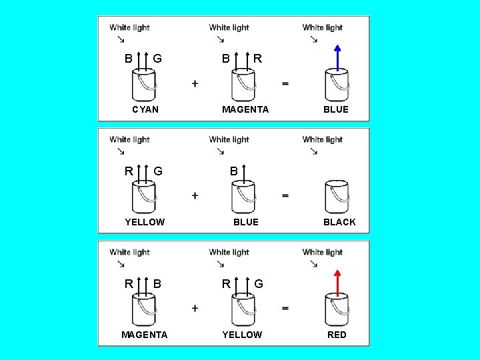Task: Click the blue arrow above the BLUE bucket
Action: [337, 57]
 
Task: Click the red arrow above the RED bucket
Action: [337, 283]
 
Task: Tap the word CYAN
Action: [145, 109]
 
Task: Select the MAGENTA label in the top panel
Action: [245, 109]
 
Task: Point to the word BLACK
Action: [339, 222]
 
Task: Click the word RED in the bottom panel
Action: [337, 335]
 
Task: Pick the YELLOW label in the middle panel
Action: [145, 222]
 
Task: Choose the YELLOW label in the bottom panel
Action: [242, 335]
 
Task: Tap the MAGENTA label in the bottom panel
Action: [144, 335]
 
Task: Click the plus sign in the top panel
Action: [195, 83]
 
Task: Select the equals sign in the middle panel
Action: [285, 195]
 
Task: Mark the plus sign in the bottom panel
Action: [195, 308]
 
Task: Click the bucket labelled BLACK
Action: [337, 196]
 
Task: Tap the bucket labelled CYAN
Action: [144, 84]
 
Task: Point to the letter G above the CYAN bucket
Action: [157, 59]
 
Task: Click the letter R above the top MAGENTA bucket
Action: [258, 59]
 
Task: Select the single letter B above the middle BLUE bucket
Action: [234, 171]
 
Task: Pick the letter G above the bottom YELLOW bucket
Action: [259, 284]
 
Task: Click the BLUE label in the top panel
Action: [336, 109]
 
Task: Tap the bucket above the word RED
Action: [337, 309]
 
